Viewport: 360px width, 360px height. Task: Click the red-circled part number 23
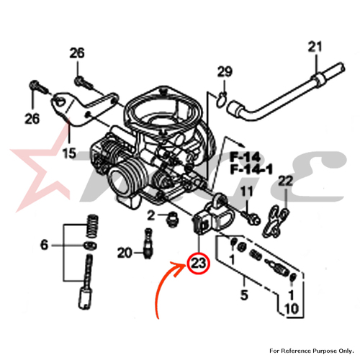(199, 264)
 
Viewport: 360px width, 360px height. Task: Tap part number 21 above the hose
(315, 47)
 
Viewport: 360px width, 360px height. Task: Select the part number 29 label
(225, 71)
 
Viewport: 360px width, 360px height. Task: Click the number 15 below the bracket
(69, 153)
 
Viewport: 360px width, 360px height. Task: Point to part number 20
(125, 253)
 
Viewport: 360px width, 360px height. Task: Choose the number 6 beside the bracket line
(44, 245)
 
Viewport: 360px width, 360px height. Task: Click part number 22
(285, 181)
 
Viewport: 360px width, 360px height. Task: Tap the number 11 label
(247, 192)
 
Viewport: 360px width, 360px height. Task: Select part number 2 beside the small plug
(151, 215)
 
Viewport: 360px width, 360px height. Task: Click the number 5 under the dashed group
(244, 295)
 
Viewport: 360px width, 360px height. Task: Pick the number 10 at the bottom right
(292, 309)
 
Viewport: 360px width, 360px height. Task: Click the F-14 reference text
(246, 158)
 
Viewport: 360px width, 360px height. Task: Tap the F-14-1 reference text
(251, 170)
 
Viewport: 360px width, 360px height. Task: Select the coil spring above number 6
(92, 226)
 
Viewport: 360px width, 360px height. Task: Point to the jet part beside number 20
(148, 243)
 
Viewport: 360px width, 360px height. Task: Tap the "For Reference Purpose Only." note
(312, 351)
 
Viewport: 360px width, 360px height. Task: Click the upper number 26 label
(77, 53)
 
